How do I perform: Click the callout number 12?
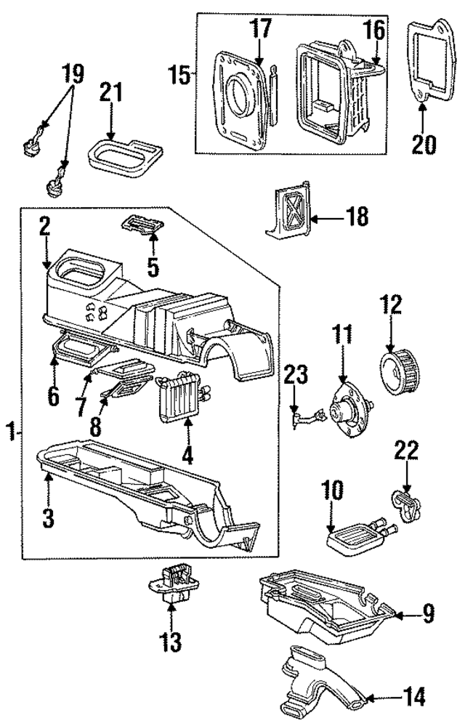[x=392, y=304]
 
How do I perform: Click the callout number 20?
[x=422, y=143]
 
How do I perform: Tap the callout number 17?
[x=261, y=30]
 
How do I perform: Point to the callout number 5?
[x=153, y=267]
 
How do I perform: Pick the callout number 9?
[x=427, y=615]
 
